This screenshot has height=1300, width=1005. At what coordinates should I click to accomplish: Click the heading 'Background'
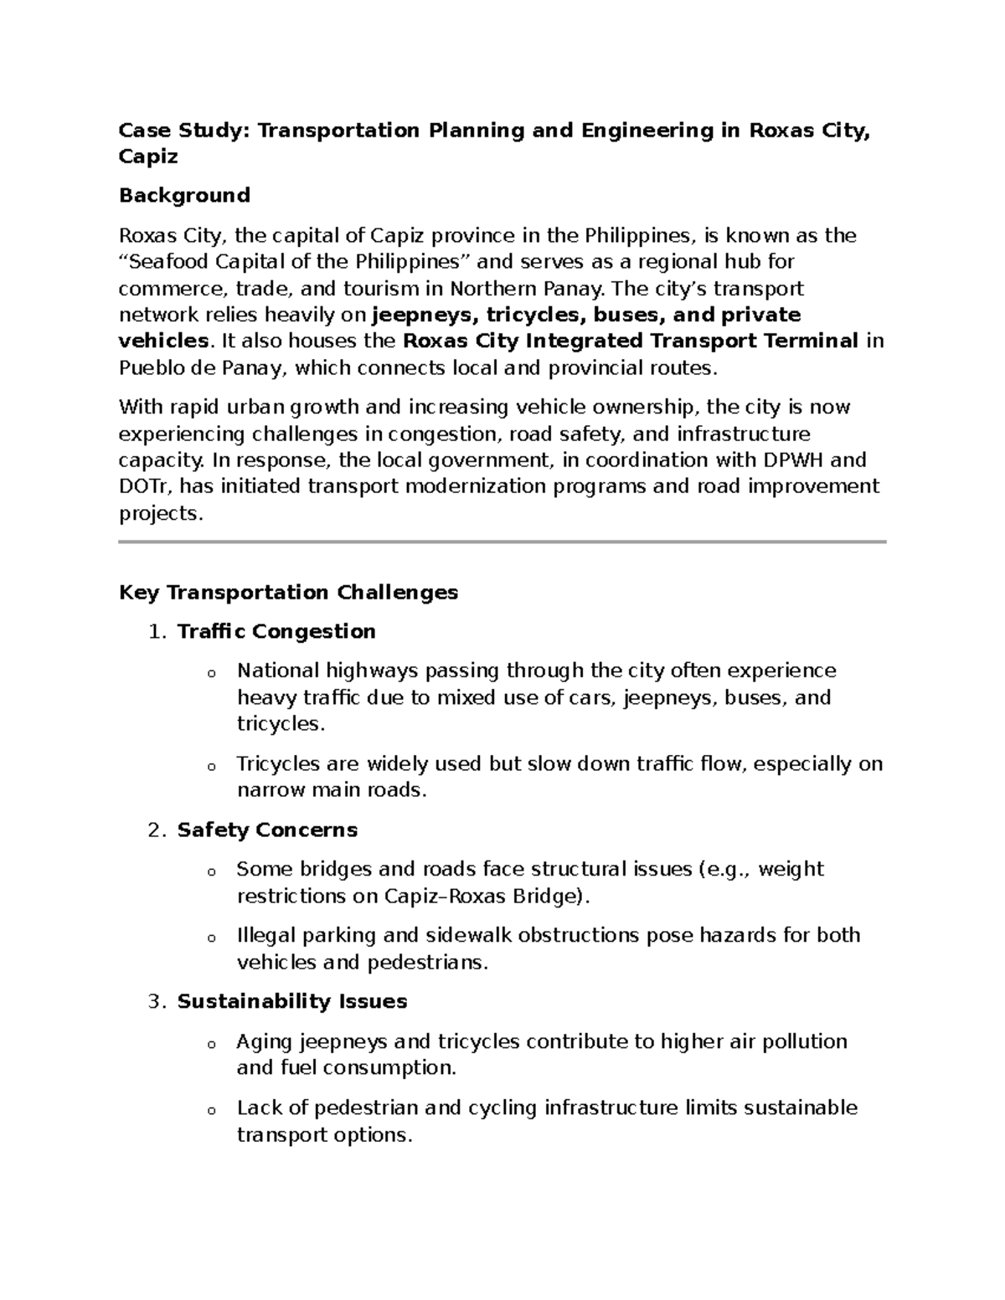pyautogui.click(x=184, y=195)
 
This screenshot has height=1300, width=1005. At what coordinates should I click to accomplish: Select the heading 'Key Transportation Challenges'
pyautogui.click(x=288, y=593)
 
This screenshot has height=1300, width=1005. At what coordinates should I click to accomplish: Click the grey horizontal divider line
pyautogui.click(x=502, y=542)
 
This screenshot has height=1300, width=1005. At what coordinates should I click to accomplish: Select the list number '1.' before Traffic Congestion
pyautogui.click(x=158, y=632)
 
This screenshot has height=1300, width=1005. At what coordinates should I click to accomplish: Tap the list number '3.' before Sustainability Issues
pyautogui.click(x=158, y=1002)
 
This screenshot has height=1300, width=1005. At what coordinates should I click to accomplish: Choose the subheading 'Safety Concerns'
pyautogui.click(x=267, y=830)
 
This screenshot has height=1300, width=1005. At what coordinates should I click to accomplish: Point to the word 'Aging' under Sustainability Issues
pyautogui.click(x=264, y=1042)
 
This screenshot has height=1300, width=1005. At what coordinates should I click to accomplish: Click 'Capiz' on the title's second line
pyautogui.click(x=148, y=157)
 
